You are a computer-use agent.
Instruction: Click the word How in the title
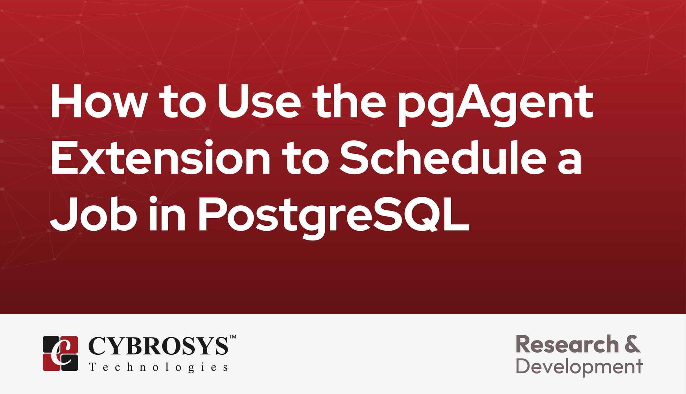pos(98,101)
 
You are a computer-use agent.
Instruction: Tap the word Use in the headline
pos(259,101)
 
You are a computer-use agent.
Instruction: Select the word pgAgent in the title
pos(495,105)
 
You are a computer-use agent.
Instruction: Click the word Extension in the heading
pos(161,158)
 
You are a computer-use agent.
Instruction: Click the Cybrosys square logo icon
pos(60,353)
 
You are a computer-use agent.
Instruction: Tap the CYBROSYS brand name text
pos(158,346)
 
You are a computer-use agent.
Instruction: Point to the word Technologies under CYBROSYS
pos(159,367)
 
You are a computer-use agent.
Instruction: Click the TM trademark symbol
pos(232,336)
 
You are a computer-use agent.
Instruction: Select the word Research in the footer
pos(567,344)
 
